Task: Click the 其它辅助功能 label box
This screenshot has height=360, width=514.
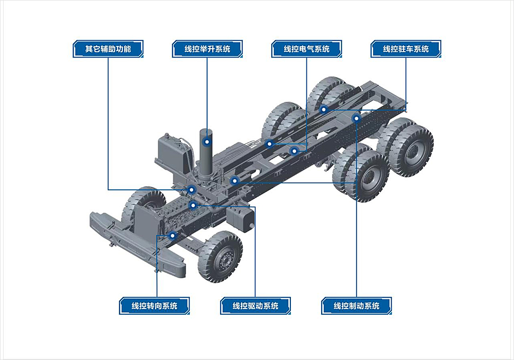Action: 108,49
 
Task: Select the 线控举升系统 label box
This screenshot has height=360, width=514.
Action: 208,49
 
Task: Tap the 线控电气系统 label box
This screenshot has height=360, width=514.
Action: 307,49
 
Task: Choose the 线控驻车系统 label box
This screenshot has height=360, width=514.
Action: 406,49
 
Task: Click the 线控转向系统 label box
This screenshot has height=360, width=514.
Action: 154,306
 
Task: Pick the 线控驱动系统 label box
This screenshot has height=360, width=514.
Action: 255,306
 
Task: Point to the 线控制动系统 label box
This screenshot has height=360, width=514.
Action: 356,306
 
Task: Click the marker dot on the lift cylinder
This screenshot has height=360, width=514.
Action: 207,142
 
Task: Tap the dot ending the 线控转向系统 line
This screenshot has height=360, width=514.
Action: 172,236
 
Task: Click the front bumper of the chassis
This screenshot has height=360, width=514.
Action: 138,244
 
